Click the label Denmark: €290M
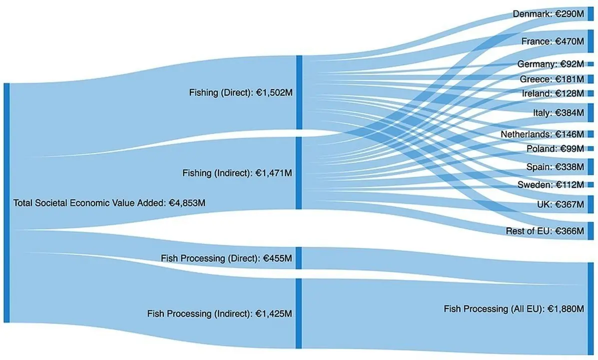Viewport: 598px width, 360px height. tap(548, 14)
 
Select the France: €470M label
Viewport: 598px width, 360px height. tap(553, 41)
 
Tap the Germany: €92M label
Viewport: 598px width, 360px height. tap(551, 64)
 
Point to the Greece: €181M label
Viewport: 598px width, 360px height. tap(552, 79)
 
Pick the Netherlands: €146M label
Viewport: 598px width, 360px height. tap(542, 134)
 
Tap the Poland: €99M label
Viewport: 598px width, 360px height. tap(555, 148)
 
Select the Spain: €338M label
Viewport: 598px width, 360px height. tap(555, 166)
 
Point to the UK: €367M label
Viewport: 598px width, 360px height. tap(559, 204)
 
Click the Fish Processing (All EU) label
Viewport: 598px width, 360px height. tap(514, 309)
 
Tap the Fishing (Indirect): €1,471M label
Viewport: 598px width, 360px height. tap(237, 173)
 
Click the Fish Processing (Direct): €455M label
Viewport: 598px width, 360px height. tap(226, 258)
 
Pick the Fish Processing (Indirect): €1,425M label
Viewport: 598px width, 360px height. tap(219, 313)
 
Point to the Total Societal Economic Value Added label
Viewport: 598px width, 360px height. tap(109, 203)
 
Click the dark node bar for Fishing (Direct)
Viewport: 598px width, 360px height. tap(299, 92)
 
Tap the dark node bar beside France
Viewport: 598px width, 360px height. tap(591, 41)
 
